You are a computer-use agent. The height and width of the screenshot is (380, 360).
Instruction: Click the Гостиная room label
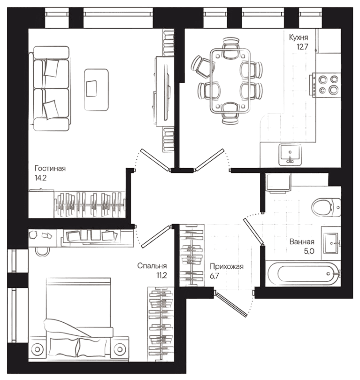pos(49,169)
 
